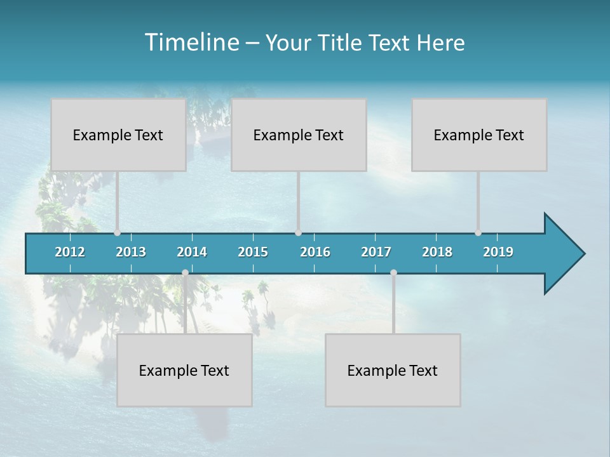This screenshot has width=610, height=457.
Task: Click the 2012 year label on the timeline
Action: tap(70, 252)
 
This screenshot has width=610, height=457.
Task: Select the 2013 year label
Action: tap(131, 252)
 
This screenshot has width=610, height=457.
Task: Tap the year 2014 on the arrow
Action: tap(192, 252)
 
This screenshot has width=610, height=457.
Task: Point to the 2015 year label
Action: tap(253, 252)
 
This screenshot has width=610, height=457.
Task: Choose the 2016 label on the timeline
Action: tap(315, 252)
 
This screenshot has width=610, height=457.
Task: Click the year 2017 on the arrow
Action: tap(376, 252)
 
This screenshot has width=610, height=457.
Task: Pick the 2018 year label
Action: tap(437, 252)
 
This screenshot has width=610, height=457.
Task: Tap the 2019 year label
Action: tap(498, 252)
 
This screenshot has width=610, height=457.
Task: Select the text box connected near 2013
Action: tap(118, 135)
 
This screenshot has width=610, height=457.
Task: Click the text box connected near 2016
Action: tap(299, 135)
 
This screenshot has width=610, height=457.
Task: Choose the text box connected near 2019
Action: tap(479, 135)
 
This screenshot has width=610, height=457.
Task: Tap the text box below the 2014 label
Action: tap(184, 370)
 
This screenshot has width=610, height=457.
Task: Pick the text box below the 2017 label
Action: tap(393, 370)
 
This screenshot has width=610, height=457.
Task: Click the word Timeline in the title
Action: tap(190, 43)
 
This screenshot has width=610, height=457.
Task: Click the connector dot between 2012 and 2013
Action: tap(117, 233)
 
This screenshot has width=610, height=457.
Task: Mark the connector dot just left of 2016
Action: tap(298, 233)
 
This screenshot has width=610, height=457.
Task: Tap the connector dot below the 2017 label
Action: tap(393, 273)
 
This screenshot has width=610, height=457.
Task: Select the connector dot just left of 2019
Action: tap(478, 233)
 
